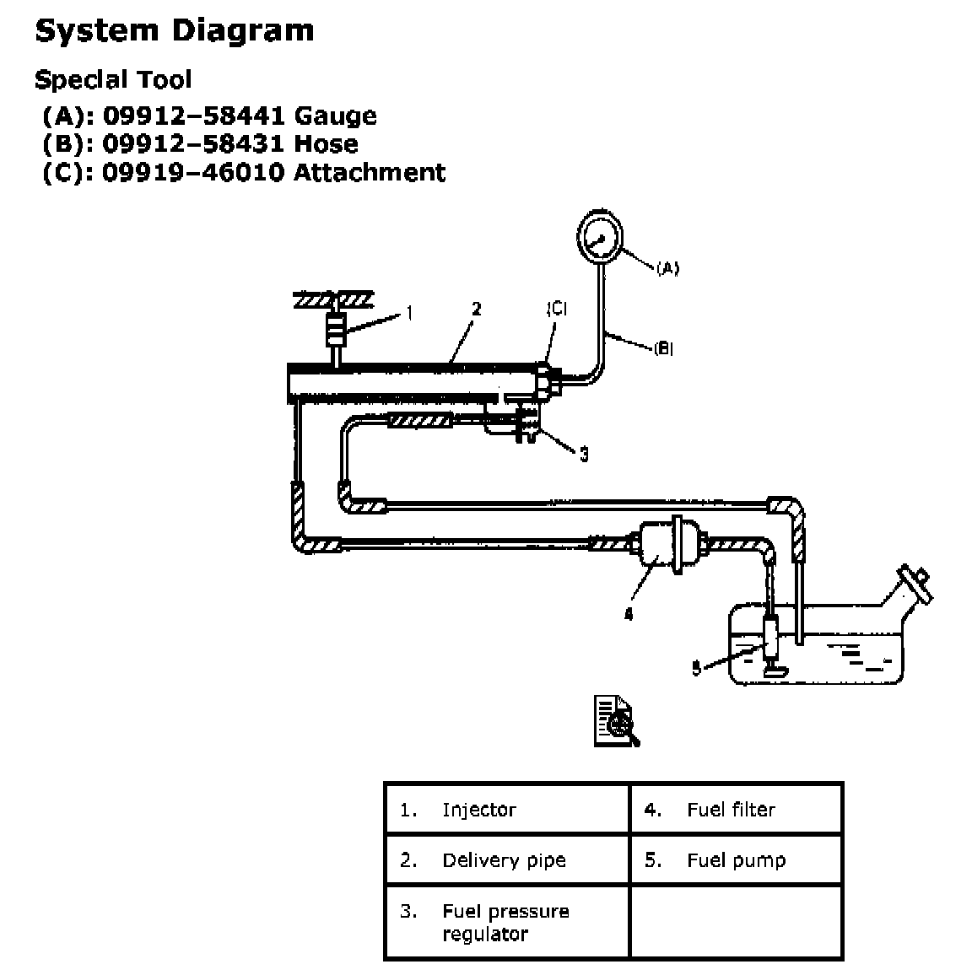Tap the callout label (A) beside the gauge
(667, 268)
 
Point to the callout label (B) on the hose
(663, 347)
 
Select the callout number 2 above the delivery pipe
(476, 309)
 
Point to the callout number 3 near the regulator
(583, 455)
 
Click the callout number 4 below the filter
(628, 615)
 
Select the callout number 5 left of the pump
(696, 670)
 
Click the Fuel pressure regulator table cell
(505, 922)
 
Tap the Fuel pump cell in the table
(736, 860)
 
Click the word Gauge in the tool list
(335, 116)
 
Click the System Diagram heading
(175, 30)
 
